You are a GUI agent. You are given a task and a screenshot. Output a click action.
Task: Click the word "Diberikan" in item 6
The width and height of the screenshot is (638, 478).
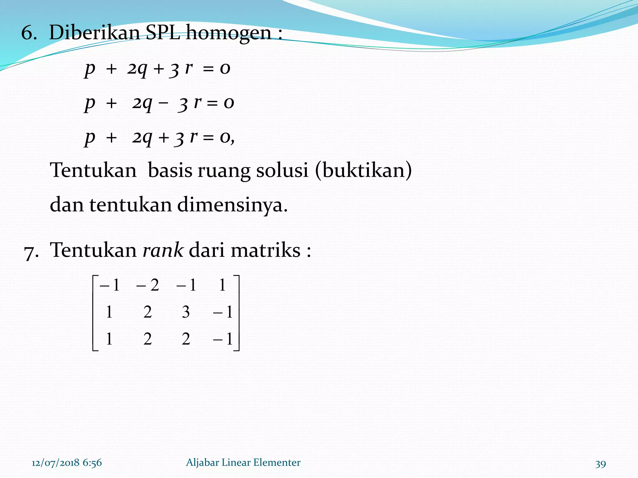pyautogui.click(x=94, y=32)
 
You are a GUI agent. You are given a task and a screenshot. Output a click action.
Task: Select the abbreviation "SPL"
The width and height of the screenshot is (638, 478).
pyautogui.click(x=163, y=32)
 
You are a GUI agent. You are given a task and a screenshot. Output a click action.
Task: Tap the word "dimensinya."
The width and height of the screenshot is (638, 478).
pyautogui.click(x=232, y=205)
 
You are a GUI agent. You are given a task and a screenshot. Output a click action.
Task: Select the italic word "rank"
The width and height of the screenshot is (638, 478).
pyautogui.click(x=163, y=250)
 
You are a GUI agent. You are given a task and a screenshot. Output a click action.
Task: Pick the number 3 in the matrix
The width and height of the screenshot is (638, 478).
pyautogui.click(x=186, y=312)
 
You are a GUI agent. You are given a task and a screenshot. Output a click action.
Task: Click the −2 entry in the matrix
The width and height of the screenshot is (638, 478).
pyautogui.click(x=148, y=285)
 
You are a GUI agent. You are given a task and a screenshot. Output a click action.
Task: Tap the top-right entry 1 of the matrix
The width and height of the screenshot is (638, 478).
pyautogui.click(x=222, y=285)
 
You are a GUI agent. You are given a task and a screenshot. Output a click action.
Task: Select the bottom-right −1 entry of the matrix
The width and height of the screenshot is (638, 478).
pyautogui.click(x=223, y=339)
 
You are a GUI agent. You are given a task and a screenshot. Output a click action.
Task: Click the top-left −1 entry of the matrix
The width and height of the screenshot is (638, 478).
pyautogui.click(x=109, y=285)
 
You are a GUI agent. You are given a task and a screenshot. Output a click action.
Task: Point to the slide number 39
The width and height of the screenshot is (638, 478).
pyautogui.click(x=600, y=464)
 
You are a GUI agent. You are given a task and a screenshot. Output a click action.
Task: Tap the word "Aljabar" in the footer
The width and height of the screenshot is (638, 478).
pyautogui.click(x=202, y=463)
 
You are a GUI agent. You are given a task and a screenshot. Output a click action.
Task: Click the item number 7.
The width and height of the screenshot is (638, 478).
pyautogui.click(x=31, y=251)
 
